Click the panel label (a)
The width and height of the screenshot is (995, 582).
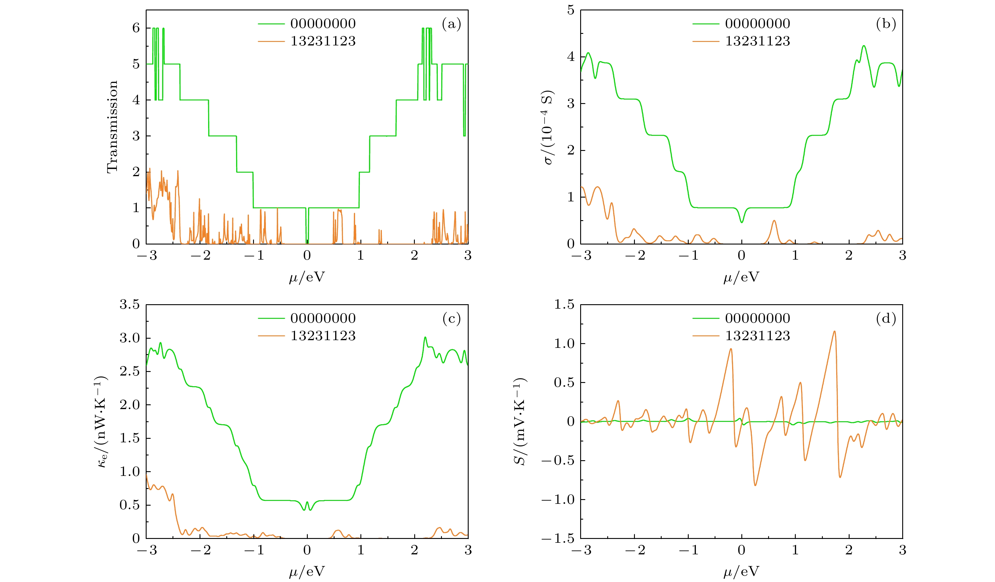pos(451,24)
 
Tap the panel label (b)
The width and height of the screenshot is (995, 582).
pos(886,24)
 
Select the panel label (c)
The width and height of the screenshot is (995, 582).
pos(451,318)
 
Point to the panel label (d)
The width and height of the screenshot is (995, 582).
pos(886,318)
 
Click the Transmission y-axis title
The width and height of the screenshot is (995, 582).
pos(112,127)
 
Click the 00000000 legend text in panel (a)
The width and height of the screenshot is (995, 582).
pos(323,24)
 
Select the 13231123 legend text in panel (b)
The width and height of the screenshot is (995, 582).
pos(757,41)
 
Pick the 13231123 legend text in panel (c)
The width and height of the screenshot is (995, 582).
pos(323,336)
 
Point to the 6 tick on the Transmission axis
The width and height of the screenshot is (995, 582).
pos(136,28)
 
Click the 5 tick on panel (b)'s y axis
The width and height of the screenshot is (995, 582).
pos(571,10)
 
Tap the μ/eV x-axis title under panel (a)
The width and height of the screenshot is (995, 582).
pos(307,277)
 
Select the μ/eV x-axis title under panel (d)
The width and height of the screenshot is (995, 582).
pos(741,572)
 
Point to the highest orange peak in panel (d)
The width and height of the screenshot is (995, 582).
pos(834,332)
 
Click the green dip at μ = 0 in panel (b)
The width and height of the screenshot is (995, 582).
pos(742,222)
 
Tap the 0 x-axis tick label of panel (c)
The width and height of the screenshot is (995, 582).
pos(307,550)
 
